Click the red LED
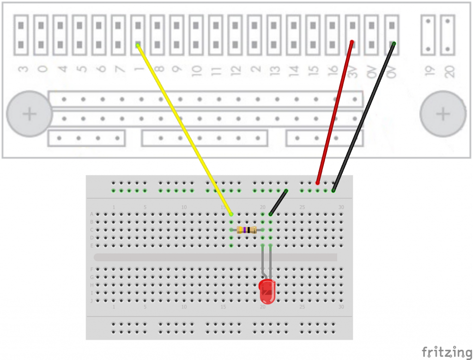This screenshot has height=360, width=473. pos(267,290)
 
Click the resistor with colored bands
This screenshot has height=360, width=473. pos(247,230)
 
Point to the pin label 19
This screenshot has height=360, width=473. pos(430,71)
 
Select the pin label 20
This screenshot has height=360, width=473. pos(449,71)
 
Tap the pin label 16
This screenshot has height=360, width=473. pos(333,71)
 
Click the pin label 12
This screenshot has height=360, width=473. pos(236,71)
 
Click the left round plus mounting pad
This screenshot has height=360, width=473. pos(30,114)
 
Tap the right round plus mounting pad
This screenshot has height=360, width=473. pos(443,114)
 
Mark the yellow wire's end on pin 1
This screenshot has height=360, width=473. pos(138,45)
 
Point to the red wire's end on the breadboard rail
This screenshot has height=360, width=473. pos(318,183)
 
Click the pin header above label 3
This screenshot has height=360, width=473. pos(22,35)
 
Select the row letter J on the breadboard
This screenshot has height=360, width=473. pos(91,300)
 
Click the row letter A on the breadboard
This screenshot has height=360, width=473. pos(91,214)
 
